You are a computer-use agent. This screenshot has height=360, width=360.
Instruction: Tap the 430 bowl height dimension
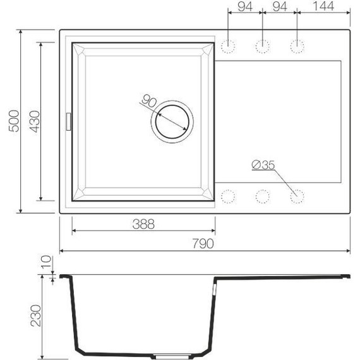coord(35,120)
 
